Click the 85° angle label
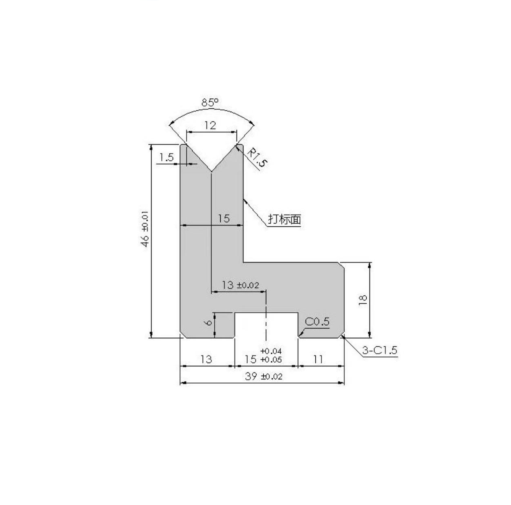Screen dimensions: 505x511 point(210,102)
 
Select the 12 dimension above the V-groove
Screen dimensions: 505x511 point(211,125)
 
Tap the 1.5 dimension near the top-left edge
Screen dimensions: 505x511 point(167,158)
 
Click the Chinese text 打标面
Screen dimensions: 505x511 point(284,219)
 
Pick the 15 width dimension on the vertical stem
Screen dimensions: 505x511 point(224,218)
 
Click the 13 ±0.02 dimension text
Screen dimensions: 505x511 point(240,285)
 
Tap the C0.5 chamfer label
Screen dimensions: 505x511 point(317,322)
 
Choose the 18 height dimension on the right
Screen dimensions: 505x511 point(363,300)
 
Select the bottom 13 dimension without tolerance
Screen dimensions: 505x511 point(206,359)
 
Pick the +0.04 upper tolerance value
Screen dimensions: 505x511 point(271,351)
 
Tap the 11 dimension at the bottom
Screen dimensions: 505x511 point(318,359)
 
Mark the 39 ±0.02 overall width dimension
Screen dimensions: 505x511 point(264,376)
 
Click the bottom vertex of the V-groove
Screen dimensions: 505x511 point(211,171)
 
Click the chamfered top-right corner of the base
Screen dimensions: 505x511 point(342,265)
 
